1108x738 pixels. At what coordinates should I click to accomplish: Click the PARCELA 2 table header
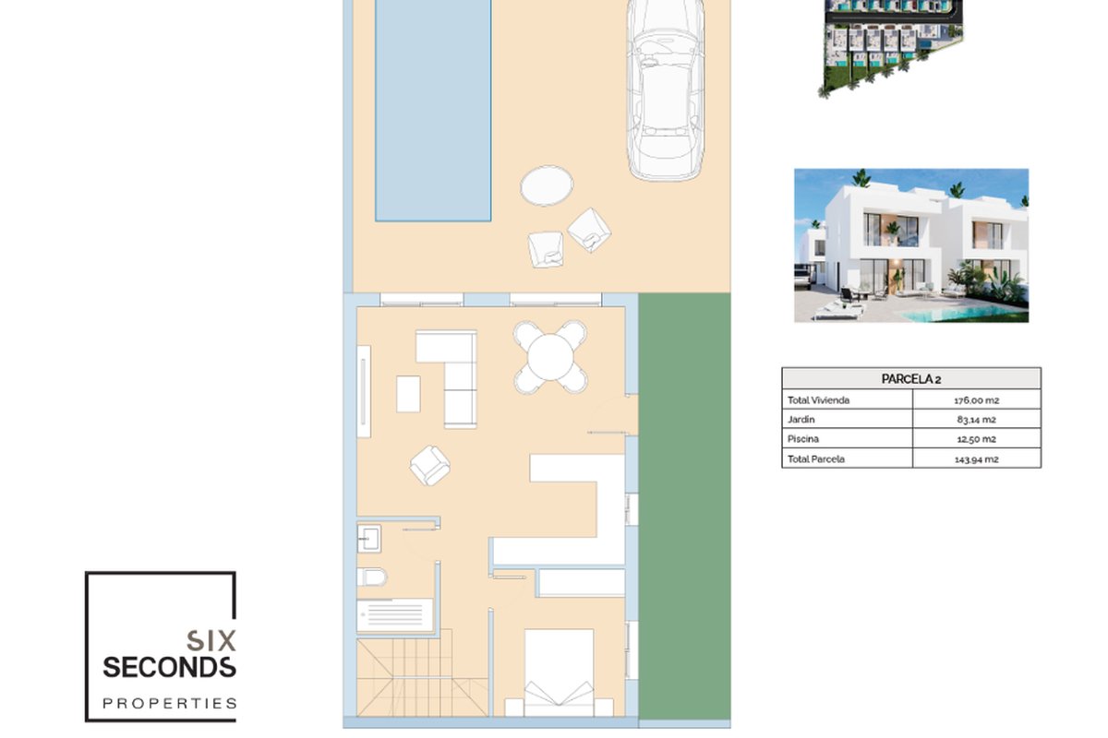click(x=911, y=378)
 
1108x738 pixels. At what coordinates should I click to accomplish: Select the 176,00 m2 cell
click(x=977, y=400)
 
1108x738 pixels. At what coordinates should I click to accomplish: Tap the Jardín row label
click(x=801, y=420)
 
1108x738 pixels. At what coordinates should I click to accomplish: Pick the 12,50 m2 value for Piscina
click(x=977, y=439)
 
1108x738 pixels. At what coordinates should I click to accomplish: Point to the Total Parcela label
click(x=815, y=459)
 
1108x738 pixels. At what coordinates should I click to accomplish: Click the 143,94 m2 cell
click(x=977, y=459)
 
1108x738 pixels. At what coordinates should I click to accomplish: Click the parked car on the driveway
click(x=666, y=88)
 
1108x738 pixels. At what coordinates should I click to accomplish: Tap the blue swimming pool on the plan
click(x=433, y=110)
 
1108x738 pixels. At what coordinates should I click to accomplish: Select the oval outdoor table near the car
click(x=547, y=185)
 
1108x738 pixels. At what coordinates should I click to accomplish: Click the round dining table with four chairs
click(x=550, y=357)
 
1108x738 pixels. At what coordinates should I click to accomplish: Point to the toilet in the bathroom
click(x=371, y=577)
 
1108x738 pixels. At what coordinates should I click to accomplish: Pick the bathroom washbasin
click(x=369, y=539)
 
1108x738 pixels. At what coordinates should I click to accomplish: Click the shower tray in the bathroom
click(x=395, y=615)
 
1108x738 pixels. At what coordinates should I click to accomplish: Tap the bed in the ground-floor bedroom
click(x=559, y=673)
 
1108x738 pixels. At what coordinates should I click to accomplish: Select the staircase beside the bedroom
click(x=422, y=676)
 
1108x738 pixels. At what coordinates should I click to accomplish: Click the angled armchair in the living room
click(x=430, y=465)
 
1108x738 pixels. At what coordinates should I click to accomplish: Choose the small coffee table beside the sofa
click(x=408, y=394)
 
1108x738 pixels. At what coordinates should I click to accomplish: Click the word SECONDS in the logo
click(x=169, y=667)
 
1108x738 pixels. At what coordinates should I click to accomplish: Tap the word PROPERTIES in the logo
click(x=169, y=703)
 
